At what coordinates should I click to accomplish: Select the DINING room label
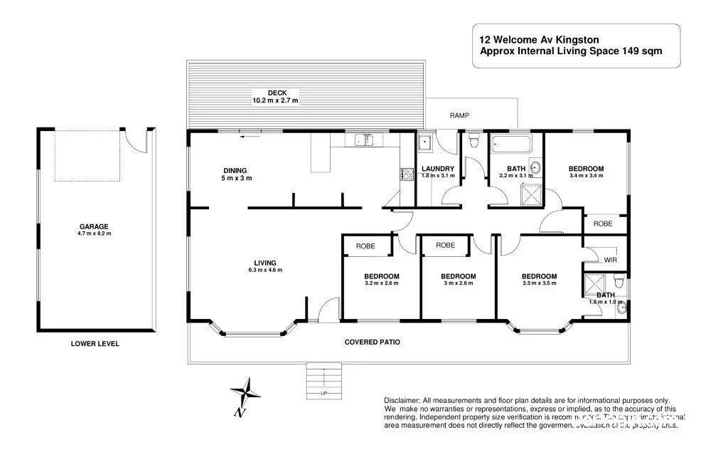click(235, 170)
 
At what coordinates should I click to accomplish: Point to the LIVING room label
click(265, 263)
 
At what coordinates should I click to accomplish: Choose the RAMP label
click(459, 115)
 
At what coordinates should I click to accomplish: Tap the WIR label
click(611, 260)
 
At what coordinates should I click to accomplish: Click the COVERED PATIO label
click(372, 342)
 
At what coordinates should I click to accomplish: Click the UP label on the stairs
click(324, 393)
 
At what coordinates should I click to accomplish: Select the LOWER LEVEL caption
click(95, 344)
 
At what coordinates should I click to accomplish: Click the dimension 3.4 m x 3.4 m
click(586, 175)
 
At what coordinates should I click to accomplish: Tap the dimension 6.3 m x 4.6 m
click(265, 270)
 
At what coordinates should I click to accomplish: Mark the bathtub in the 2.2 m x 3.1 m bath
click(510, 144)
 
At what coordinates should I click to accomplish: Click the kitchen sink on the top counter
click(364, 140)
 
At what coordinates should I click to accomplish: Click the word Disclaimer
click(402, 401)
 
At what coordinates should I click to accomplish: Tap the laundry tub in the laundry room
click(425, 142)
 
